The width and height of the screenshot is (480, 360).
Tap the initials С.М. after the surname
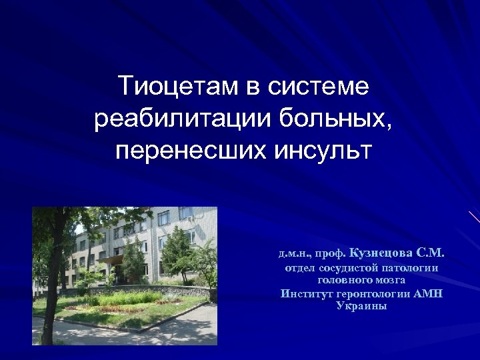click(430, 253)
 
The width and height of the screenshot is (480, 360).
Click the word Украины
click(362, 306)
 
